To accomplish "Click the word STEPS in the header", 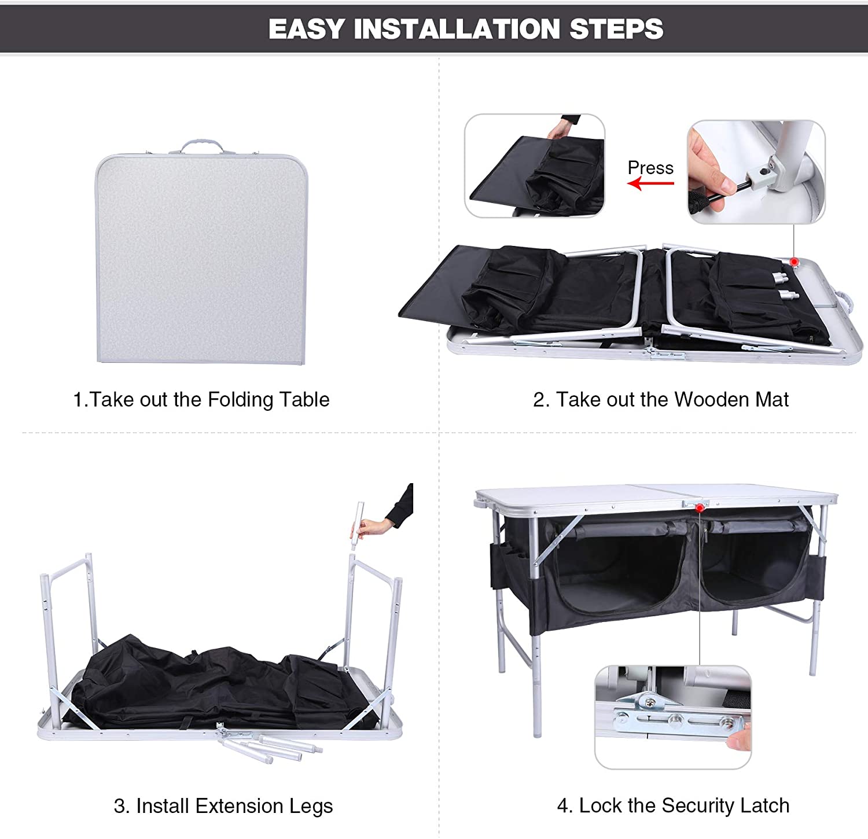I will (x=616, y=29).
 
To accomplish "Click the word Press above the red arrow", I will (x=650, y=168).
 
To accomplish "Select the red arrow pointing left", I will (x=651, y=184).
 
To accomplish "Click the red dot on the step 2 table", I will (x=795, y=262).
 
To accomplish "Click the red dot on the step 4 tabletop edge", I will (x=700, y=508).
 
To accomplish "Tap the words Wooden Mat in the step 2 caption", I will (x=731, y=399).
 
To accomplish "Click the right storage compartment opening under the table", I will (x=755, y=570).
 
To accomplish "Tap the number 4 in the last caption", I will (x=562, y=805).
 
